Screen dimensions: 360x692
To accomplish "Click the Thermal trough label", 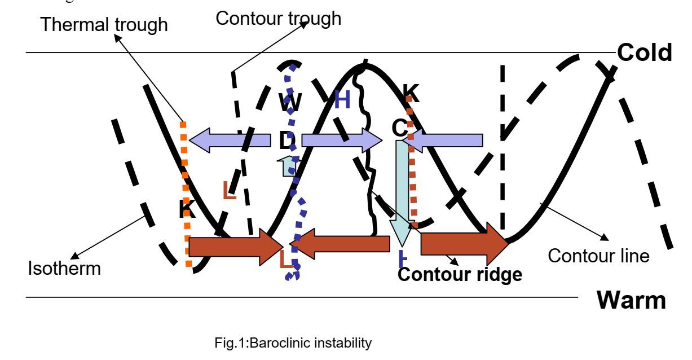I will point(104,25).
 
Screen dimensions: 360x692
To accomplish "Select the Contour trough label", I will point(278,18).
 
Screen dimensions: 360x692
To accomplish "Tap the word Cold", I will point(644,52).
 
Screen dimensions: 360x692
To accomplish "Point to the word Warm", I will point(631,300).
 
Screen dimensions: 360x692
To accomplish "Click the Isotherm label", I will point(64,267).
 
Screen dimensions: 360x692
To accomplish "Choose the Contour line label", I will point(598,256).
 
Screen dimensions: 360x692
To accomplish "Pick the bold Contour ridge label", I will point(460,275).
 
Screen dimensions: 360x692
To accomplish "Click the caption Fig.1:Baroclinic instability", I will point(293,343).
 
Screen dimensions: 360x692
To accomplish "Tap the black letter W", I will point(290,103).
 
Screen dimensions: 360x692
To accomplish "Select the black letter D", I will point(288,141).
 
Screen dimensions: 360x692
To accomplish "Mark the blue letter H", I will point(342,100).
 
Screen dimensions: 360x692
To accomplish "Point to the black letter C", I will point(399,129).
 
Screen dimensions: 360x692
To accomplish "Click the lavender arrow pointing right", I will point(342,140).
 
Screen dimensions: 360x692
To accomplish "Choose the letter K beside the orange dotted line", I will point(187,209).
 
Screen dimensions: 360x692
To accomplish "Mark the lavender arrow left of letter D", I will point(230,140).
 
